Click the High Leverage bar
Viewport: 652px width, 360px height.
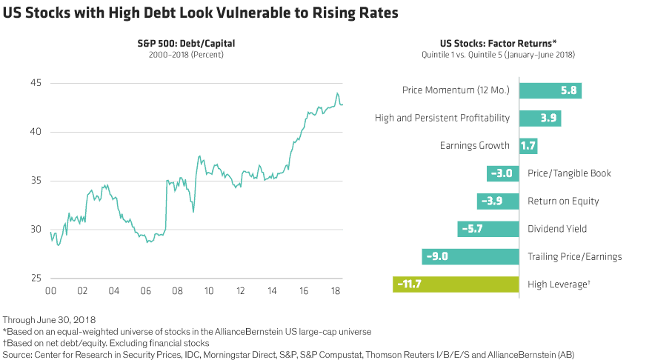pyautogui.click(x=455, y=284)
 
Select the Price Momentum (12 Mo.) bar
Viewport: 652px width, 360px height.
pyautogui.click(x=550, y=90)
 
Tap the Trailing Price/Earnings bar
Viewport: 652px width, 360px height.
pyautogui.click(x=470, y=256)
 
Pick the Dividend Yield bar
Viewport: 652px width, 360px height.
pyautogui.click(x=488, y=229)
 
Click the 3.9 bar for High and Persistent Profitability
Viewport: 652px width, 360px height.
pyautogui.click(x=541, y=118)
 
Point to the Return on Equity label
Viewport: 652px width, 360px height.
pyautogui.click(x=563, y=201)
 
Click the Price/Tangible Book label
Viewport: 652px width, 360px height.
pyautogui.click(x=569, y=173)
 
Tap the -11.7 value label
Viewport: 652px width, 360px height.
pyautogui.click(x=409, y=284)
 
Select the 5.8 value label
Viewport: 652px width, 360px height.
pyautogui.click(x=568, y=90)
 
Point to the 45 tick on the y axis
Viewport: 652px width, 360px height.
pyautogui.click(x=35, y=83)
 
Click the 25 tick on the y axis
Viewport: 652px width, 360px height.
pyautogui.click(x=35, y=278)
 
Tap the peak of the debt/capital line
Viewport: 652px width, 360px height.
pyautogui.click(x=337, y=93)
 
